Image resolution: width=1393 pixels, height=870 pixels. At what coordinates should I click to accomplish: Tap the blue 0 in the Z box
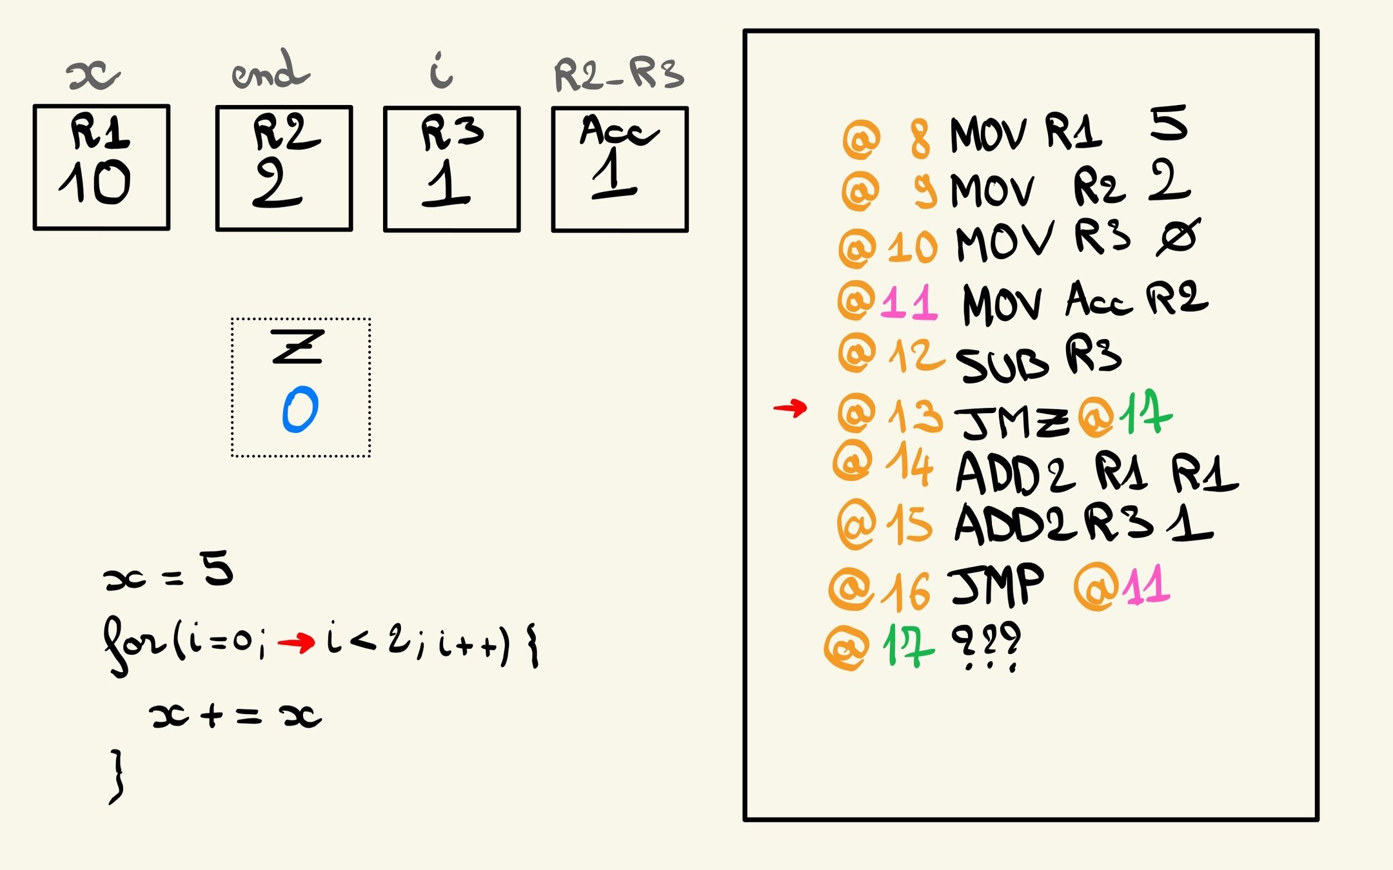click(300, 409)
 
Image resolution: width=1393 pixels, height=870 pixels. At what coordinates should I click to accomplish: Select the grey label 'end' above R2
click(271, 71)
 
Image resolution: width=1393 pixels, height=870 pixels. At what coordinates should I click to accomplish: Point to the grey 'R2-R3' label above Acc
click(618, 75)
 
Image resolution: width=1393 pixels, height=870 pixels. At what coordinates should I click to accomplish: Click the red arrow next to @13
click(790, 408)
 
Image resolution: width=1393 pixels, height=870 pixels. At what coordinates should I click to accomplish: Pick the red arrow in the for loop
click(296, 643)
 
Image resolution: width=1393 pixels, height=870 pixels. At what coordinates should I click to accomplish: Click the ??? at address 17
click(986, 645)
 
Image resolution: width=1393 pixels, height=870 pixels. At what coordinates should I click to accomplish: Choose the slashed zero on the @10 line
click(1178, 237)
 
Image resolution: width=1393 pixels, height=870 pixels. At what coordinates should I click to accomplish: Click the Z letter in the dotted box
click(297, 346)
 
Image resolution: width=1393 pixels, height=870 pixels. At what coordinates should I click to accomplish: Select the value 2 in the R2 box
click(277, 183)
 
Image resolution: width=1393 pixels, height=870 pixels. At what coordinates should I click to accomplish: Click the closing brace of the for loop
click(116, 777)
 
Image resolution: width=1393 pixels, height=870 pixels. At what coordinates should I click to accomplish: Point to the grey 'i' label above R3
click(442, 71)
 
